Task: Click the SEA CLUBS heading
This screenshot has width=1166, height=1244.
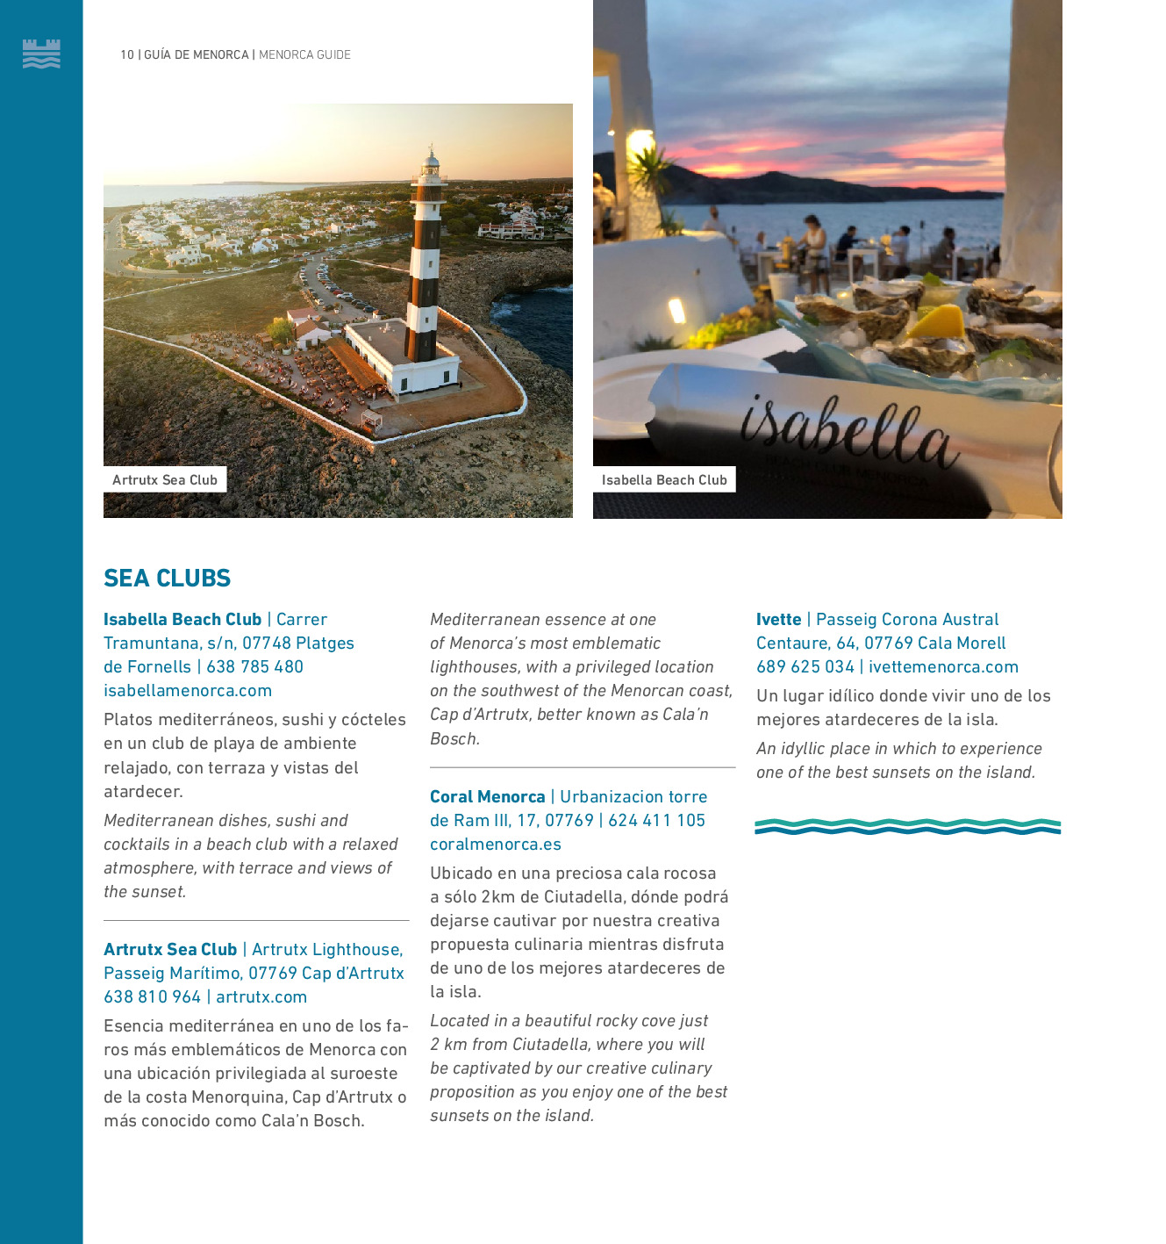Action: pos(167,578)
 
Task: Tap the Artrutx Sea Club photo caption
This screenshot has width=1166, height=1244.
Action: pos(165,479)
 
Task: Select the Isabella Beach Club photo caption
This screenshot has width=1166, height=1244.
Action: pos(664,479)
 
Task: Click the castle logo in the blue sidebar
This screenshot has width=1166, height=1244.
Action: pos(41,54)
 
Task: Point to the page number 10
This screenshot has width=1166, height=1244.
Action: pos(127,54)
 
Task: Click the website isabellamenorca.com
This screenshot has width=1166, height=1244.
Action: pos(188,690)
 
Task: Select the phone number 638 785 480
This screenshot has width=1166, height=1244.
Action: pos(255,666)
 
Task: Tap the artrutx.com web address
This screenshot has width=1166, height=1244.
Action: pos(261,996)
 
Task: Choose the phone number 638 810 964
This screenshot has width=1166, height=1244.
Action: pos(153,996)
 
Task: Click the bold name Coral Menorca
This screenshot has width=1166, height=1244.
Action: pos(488,796)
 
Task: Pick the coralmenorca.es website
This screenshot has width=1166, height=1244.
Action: pos(496,844)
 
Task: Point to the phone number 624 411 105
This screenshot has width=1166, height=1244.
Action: pos(657,820)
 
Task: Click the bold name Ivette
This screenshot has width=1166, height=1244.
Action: pos(779,619)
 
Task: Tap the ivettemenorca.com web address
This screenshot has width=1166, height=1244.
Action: pos(943,666)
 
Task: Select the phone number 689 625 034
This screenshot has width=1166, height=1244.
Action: pos(805,666)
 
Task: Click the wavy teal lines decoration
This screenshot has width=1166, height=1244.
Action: pos(907,826)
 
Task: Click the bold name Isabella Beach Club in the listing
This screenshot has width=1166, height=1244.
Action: pos(182,619)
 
